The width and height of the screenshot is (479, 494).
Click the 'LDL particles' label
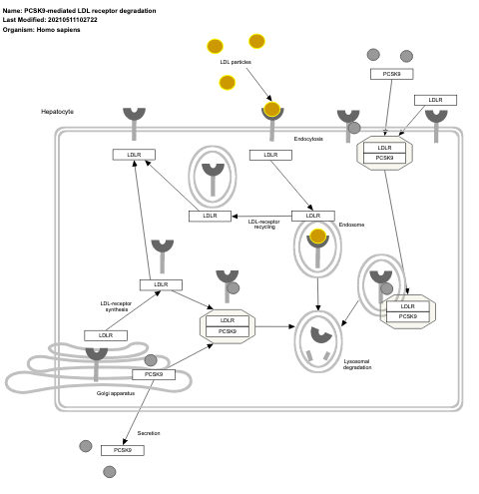(x=236, y=62)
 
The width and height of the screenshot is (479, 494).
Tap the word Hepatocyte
(x=57, y=112)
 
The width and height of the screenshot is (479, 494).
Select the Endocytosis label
(x=308, y=139)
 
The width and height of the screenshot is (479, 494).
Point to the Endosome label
(x=351, y=225)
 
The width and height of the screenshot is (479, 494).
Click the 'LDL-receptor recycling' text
(x=264, y=224)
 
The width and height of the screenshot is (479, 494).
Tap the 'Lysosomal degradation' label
(x=357, y=364)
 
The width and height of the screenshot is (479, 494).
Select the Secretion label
(x=149, y=433)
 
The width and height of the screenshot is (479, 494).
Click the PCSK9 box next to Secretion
(x=122, y=450)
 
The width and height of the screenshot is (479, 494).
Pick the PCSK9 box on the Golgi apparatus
(x=154, y=374)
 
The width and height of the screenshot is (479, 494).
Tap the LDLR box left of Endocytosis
(x=270, y=155)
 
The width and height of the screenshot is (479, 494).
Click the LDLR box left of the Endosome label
(x=312, y=216)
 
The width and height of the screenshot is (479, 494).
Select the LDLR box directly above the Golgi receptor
(x=105, y=335)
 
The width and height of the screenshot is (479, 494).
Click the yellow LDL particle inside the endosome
(x=318, y=237)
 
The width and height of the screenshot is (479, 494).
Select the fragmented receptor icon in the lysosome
(x=320, y=342)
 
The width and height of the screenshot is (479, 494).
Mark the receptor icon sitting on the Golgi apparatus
(x=96, y=355)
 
